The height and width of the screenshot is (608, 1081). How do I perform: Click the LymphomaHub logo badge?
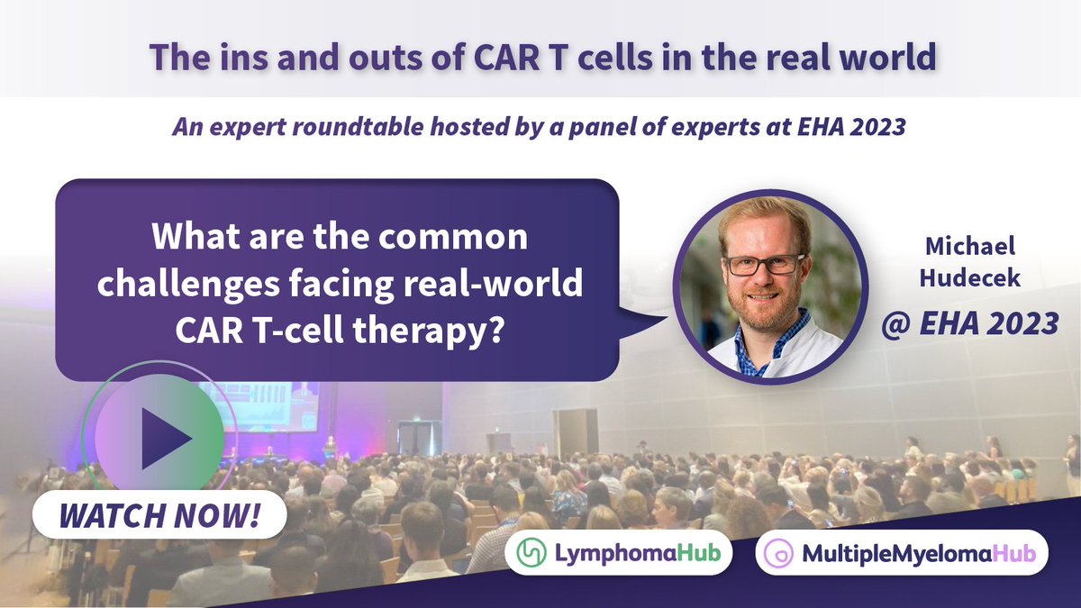[619, 552]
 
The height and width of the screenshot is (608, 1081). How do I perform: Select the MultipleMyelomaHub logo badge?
[902, 552]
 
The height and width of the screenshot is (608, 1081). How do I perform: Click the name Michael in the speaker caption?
[969, 247]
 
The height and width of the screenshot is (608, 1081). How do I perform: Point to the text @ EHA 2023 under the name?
[969, 322]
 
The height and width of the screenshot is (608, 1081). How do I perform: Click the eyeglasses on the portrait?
[766, 265]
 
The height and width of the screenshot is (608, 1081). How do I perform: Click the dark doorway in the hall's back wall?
[576, 432]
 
